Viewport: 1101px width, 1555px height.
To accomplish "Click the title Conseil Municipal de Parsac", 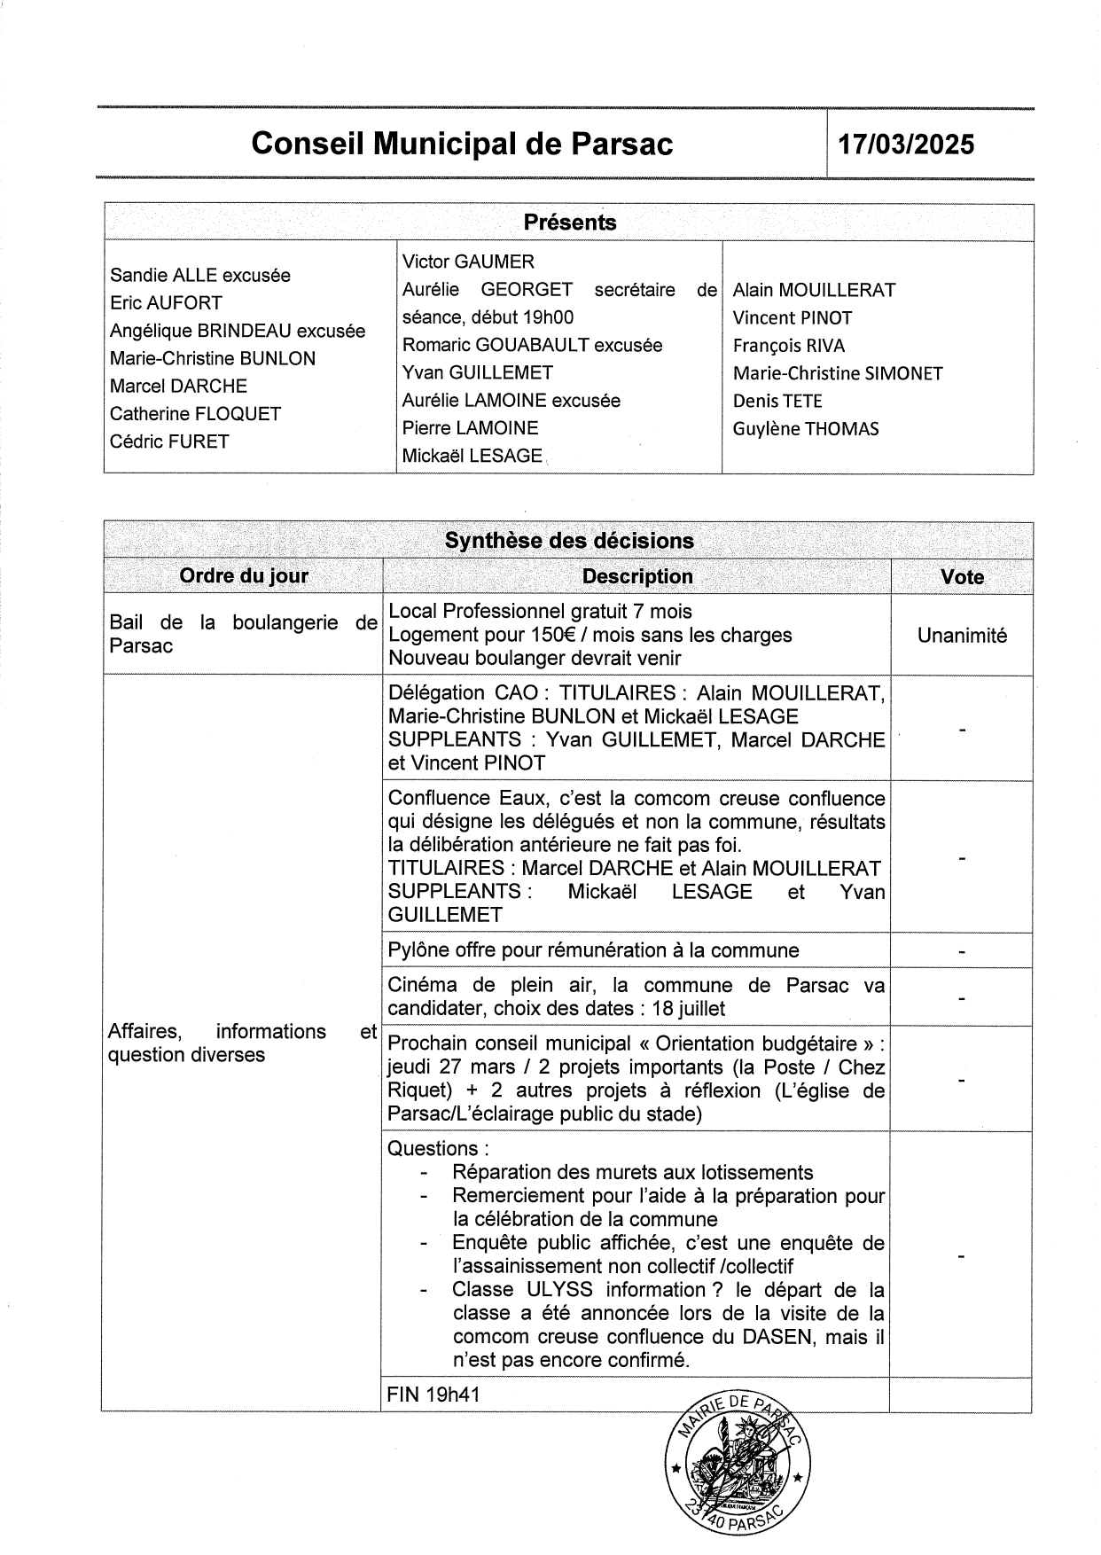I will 462,144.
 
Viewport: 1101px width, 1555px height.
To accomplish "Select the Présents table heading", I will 569,223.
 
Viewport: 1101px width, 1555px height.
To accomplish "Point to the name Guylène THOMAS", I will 806,429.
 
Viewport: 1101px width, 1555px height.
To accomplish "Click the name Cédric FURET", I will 169,441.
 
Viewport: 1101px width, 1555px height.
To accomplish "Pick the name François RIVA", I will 789,346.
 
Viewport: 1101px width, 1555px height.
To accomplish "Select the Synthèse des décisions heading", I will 569,541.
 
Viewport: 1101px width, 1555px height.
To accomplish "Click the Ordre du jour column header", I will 244,576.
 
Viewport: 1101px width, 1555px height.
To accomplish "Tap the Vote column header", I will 962,577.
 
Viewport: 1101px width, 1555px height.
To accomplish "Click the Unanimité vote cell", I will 962,636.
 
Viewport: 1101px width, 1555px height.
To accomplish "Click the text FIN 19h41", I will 434,1395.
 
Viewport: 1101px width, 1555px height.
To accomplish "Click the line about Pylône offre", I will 593,950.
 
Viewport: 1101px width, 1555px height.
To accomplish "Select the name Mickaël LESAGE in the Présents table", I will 472,456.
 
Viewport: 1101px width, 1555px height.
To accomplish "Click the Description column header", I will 637,576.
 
